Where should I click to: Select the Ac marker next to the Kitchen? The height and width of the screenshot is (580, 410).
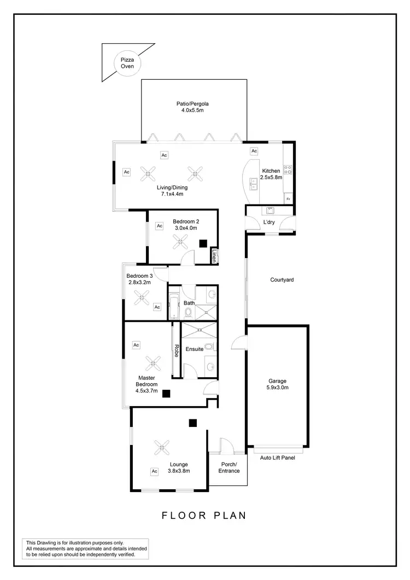254,151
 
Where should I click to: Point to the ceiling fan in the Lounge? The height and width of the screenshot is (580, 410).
161,448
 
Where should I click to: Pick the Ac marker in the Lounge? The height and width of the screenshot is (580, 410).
154,471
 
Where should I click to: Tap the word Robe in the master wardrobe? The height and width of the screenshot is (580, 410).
177,350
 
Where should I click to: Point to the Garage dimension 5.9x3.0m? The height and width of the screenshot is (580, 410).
278,388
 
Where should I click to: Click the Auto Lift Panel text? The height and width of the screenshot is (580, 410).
277,458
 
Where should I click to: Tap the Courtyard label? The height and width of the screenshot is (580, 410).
282,280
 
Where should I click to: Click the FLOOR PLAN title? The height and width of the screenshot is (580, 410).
204,515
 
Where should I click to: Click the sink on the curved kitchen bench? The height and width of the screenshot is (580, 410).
253,183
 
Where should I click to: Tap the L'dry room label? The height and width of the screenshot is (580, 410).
268,222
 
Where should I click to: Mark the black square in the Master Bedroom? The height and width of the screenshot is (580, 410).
165,392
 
